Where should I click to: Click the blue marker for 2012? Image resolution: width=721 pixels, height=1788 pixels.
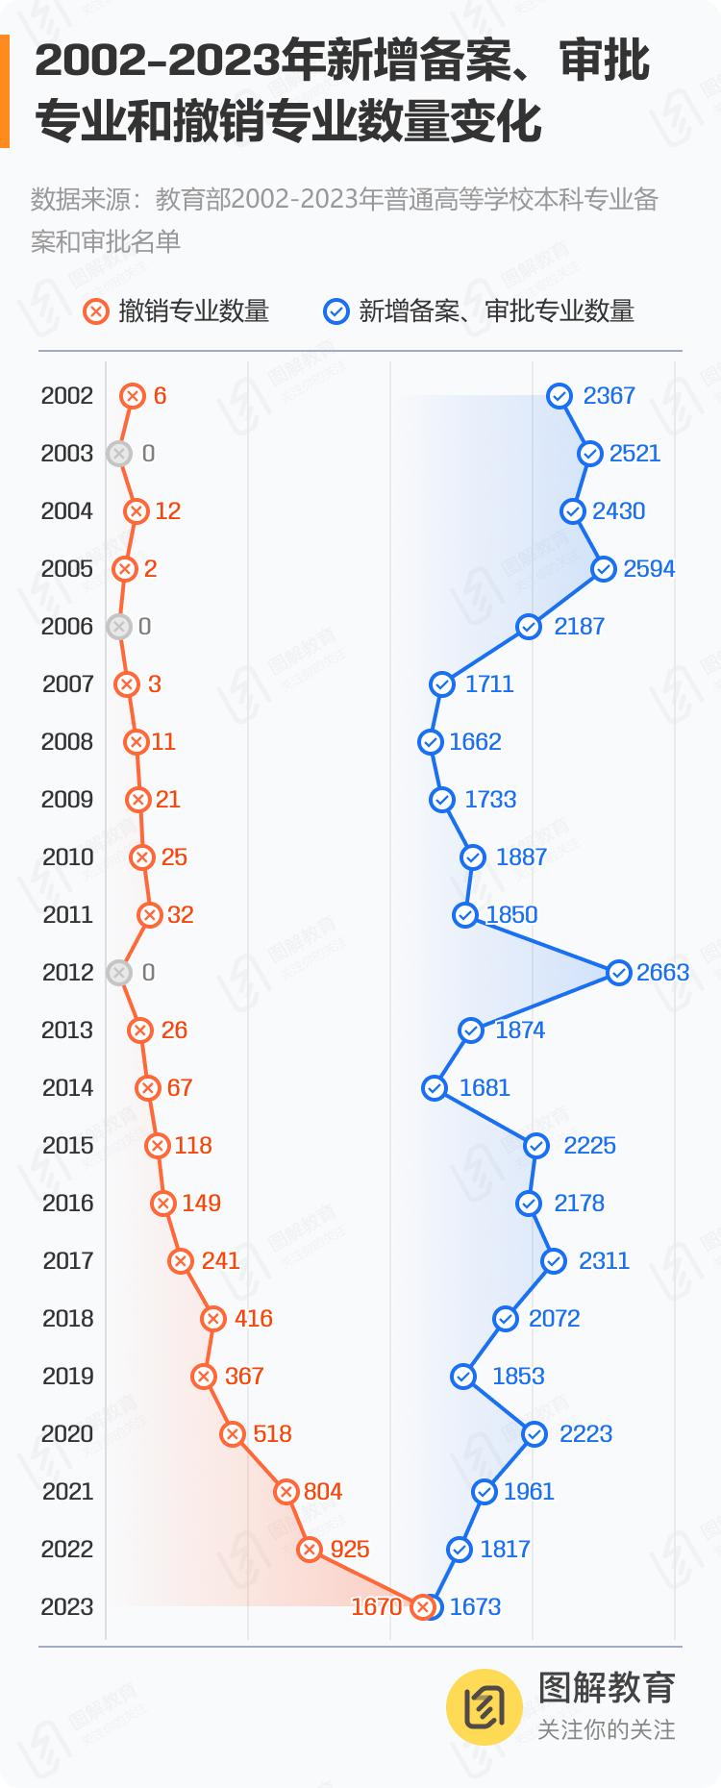coord(619,972)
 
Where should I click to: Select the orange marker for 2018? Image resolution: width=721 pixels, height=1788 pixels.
coord(213,1318)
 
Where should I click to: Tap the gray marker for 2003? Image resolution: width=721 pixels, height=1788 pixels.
coord(119,453)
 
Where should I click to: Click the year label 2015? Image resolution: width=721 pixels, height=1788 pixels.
coord(68,1145)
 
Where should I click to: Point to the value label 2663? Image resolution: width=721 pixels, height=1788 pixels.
coord(662,972)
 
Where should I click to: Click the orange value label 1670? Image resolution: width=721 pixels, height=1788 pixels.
coord(376,1606)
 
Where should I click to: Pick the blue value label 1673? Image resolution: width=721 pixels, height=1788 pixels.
coord(475,1606)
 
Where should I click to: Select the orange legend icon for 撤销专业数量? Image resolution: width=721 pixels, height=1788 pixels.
coord(95,311)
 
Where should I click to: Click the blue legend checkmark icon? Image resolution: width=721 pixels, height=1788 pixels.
coord(336,311)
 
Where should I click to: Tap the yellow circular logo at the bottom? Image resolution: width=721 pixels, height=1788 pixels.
coord(485,1706)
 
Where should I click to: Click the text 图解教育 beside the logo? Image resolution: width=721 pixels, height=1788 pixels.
coord(607,1687)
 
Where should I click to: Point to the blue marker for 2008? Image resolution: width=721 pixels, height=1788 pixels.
coord(431,741)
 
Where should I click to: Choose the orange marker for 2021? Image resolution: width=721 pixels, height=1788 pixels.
coord(286,1491)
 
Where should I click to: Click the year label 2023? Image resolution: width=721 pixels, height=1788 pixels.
coord(67,1606)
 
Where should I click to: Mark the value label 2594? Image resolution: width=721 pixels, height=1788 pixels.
coord(649,568)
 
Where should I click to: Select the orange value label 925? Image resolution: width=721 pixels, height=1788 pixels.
coord(350,1549)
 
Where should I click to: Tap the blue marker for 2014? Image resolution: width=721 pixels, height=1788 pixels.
coord(435,1087)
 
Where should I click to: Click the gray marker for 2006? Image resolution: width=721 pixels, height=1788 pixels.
coord(119,626)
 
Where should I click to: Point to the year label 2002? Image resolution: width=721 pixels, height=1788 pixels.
coord(67,395)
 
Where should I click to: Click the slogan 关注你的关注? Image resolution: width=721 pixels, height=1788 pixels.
coord(606,1729)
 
